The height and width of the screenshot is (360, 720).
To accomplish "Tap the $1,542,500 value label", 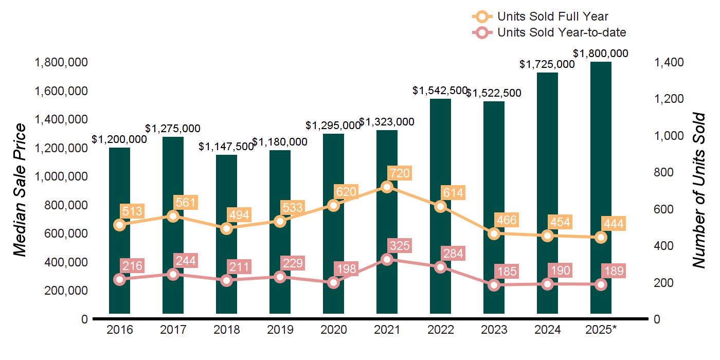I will click(x=440, y=91).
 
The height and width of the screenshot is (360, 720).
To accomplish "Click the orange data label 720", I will click(x=400, y=173).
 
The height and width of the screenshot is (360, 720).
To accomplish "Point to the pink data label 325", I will click(x=400, y=246).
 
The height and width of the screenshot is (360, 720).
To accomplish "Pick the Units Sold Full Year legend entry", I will click(x=553, y=16).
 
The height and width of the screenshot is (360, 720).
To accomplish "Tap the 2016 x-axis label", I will click(x=119, y=330).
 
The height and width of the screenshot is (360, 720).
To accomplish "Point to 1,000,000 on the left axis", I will click(x=60, y=176).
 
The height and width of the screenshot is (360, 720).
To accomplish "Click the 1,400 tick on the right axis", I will click(x=669, y=62).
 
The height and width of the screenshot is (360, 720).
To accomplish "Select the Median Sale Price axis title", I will click(x=20, y=190).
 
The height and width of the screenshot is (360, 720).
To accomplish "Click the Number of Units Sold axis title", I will click(x=698, y=190).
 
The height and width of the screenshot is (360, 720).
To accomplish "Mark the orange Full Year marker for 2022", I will click(x=440, y=206).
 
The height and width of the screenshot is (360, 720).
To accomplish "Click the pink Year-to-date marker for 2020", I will click(x=333, y=282).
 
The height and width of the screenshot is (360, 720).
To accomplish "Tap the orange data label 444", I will click(x=614, y=224).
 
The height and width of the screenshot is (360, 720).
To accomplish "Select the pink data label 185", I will click(x=507, y=271).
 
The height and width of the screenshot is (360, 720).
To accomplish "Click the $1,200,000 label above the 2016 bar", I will click(x=119, y=139).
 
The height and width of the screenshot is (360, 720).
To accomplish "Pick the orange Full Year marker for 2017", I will click(x=173, y=216).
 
